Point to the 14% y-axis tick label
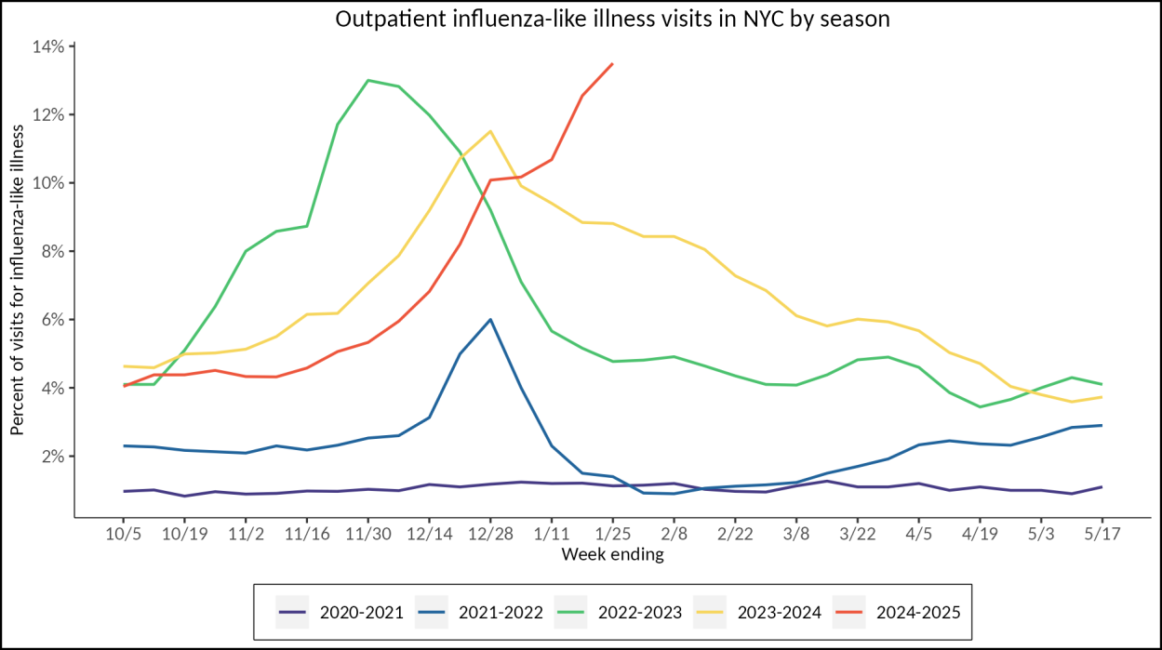pyautogui.click(x=47, y=46)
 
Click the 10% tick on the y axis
pyautogui.click(x=47, y=183)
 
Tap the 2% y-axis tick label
pyautogui.click(x=52, y=457)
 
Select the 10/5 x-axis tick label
pyautogui.click(x=123, y=536)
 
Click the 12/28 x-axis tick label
pyautogui.click(x=490, y=536)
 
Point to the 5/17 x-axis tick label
pyautogui.click(x=1102, y=536)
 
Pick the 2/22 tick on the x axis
pyautogui.click(x=735, y=536)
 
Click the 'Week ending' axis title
pyautogui.click(x=612, y=555)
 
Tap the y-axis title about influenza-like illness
pyautogui.click(x=18, y=279)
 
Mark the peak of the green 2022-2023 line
pyautogui.click(x=368, y=80)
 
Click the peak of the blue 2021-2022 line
pyautogui.click(x=490, y=319)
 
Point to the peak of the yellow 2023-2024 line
pyautogui.click(x=490, y=131)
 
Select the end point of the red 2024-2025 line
pyautogui.click(x=612, y=63)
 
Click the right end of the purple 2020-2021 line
pyautogui.click(x=1102, y=486)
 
